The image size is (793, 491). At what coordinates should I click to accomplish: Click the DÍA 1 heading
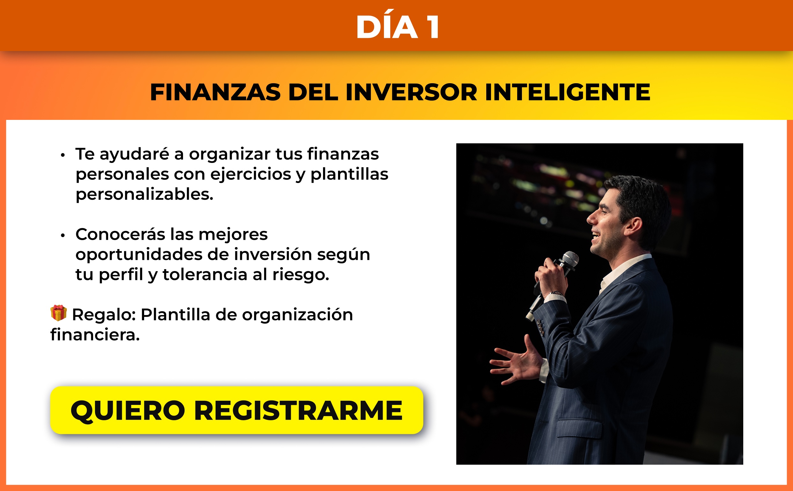pyautogui.click(x=398, y=27)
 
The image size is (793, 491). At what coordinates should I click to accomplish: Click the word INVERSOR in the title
pyautogui.click(x=411, y=92)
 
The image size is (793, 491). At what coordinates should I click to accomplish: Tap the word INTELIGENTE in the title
pyautogui.click(x=568, y=92)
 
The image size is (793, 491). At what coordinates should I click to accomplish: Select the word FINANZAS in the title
pyautogui.click(x=215, y=92)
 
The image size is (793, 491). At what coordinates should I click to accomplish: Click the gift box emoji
pyautogui.click(x=58, y=313)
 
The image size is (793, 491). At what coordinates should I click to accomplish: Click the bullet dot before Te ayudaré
pyautogui.click(x=63, y=155)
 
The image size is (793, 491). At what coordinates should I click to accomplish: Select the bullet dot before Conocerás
pyautogui.click(x=63, y=235)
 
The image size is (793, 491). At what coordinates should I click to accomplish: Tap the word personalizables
pyautogui.click(x=144, y=195)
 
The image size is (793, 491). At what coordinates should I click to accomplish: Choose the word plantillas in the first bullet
pyautogui.click(x=349, y=174)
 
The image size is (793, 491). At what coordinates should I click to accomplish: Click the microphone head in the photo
pyautogui.click(x=570, y=259)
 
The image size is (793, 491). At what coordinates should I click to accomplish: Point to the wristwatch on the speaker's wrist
pyautogui.click(x=556, y=294)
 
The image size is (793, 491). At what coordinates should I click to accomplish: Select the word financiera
pyautogui.click(x=95, y=335)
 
